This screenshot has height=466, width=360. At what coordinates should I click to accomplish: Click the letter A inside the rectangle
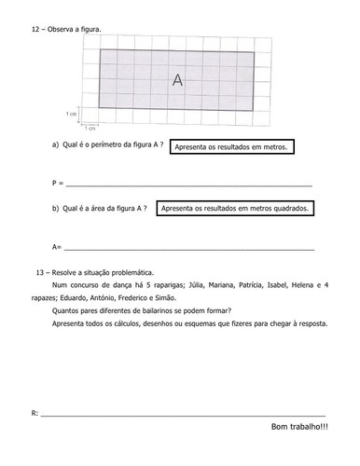coord(177,81)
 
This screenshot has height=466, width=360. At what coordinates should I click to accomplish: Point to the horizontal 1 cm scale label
coord(90,128)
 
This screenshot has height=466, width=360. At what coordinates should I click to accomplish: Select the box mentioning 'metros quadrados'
coord(233,209)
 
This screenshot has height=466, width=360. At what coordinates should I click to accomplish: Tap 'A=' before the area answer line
coord(57,247)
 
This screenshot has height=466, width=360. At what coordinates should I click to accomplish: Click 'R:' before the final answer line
coord(35,411)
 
